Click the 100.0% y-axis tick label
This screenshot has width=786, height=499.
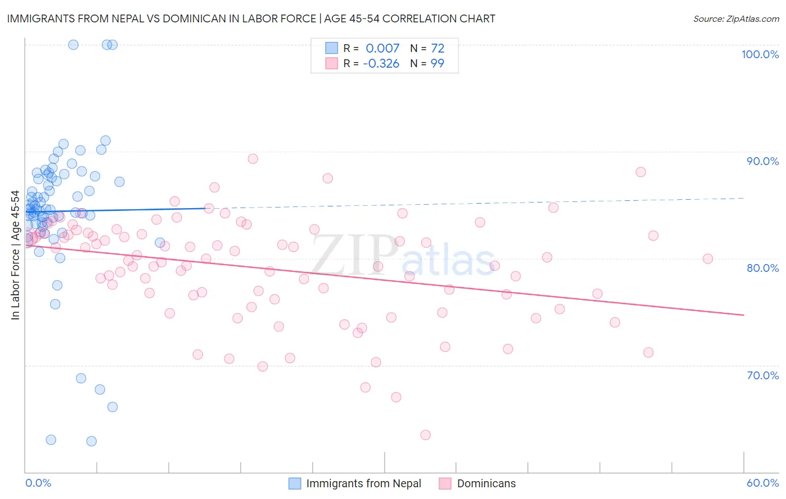760,54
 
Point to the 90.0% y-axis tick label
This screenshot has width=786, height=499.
763,161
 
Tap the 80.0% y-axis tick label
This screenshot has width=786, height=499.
763,268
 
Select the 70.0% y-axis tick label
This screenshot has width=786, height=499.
763,375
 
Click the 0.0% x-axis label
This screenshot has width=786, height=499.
38,483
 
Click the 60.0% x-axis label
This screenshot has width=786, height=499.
763,483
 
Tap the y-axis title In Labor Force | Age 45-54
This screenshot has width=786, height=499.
15,255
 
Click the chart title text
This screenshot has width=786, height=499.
251,18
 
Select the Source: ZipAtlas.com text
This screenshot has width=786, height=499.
736,18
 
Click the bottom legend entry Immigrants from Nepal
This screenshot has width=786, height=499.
363,483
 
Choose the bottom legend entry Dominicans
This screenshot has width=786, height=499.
486,483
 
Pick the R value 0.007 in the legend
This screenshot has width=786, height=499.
382,49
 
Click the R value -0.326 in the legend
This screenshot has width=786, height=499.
381,63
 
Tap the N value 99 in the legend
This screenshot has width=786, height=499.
437,63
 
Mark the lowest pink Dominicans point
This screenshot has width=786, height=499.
425,435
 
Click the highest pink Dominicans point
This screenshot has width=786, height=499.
253,158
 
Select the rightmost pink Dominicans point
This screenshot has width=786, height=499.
708,258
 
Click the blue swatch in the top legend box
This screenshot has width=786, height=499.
332,49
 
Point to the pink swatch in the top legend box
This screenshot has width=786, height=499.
332,63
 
